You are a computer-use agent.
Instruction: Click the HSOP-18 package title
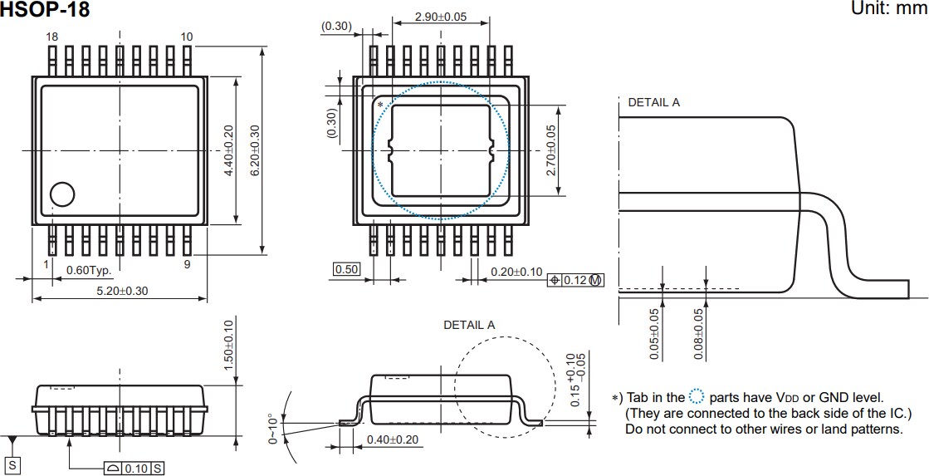click(x=45, y=10)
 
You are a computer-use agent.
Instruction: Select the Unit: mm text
click(x=887, y=8)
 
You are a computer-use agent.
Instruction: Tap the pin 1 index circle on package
click(x=62, y=194)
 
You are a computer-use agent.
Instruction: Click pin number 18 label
click(x=52, y=37)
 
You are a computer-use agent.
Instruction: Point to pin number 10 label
click(x=186, y=37)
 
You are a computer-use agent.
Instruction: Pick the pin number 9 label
click(x=187, y=264)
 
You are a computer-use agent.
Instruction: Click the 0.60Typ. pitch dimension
click(x=89, y=271)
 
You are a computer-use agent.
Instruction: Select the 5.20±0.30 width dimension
click(x=121, y=292)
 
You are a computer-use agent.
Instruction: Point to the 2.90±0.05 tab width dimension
click(x=440, y=17)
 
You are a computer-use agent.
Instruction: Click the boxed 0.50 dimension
click(x=345, y=269)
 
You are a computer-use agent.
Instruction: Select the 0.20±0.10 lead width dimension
click(x=516, y=272)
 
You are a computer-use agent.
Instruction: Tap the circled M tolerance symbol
click(x=595, y=281)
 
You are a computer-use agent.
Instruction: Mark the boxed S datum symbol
click(x=13, y=466)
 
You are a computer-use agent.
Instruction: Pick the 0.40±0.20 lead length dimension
click(x=392, y=439)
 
